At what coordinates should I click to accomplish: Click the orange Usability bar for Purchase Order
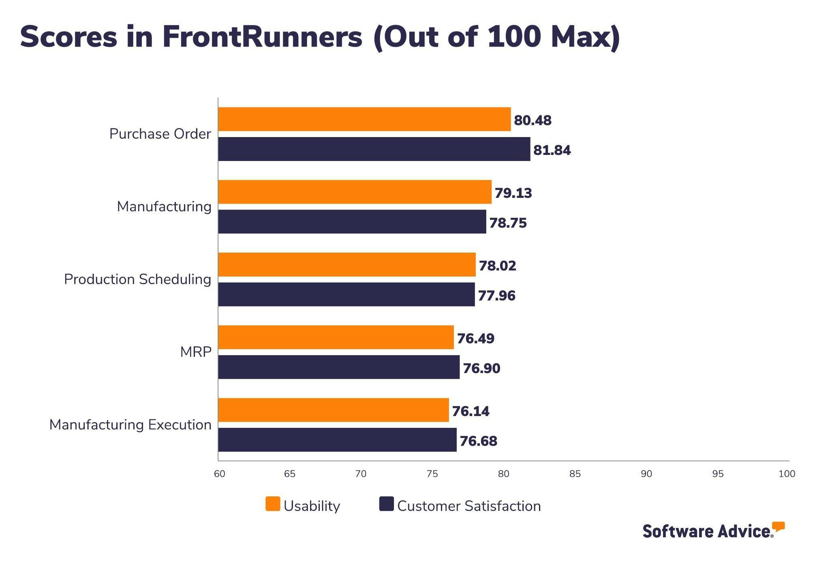[x=364, y=119]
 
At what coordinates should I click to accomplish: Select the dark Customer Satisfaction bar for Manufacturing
[x=352, y=222]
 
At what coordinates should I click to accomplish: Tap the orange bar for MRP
[x=336, y=337]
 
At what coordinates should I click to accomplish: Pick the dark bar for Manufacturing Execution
[x=337, y=440]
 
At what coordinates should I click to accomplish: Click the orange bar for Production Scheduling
[x=347, y=265]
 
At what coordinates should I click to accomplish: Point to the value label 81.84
[x=552, y=150]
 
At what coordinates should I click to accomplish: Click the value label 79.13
[x=513, y=193]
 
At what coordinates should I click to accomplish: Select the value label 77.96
[x=496, y=296]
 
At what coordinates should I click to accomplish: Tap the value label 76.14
[x=471, y=411]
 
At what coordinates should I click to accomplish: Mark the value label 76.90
[x=481, y=368]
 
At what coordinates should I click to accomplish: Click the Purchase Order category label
[x=160, y=134]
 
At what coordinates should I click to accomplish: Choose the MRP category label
[x=196, y=352]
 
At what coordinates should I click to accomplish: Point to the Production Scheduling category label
[x=137, y=279]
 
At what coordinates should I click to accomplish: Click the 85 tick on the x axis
[x=575, y=474]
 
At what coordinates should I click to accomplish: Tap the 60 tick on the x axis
[x=219, y=474]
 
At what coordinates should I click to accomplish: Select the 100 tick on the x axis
[x=787, y=474]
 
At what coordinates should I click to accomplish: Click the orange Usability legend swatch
[x=273, y=504]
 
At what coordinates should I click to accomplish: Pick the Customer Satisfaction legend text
[x=469, y=506]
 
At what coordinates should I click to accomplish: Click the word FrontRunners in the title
[x=262, y=37]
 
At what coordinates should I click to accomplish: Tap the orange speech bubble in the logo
[x=778, y=527]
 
